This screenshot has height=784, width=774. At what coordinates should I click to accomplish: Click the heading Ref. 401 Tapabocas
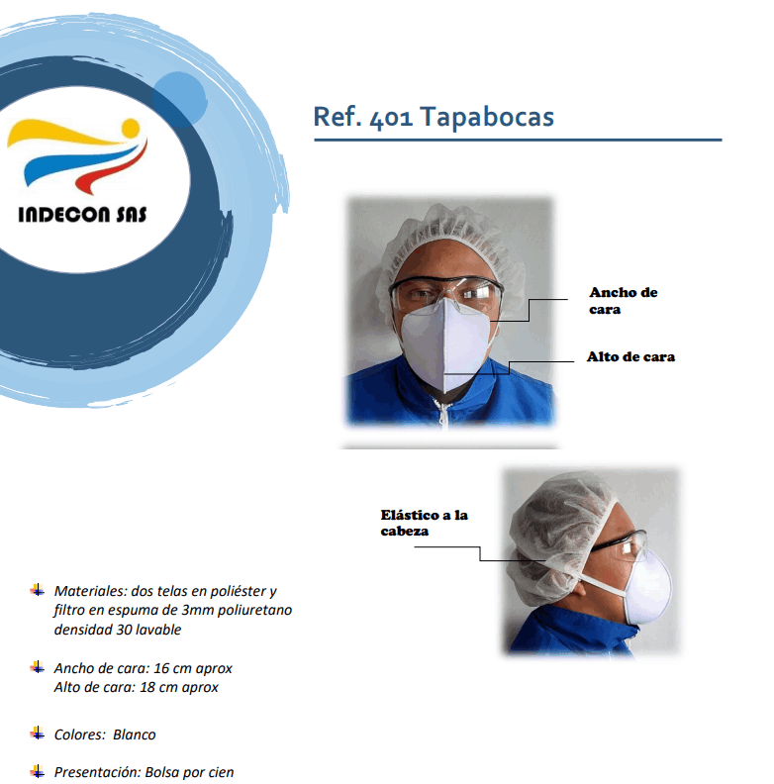point(434,117)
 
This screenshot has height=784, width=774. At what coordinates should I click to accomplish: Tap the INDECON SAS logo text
point(82,215)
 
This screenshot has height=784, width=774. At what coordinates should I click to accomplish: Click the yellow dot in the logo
point(131,128)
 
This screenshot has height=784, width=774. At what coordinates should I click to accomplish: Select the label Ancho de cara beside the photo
point(623,301)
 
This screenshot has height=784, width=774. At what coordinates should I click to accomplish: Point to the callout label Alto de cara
point(630,356)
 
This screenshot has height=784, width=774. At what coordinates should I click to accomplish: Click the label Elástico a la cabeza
point(424,523)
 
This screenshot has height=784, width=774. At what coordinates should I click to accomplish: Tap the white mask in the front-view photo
point(445,345)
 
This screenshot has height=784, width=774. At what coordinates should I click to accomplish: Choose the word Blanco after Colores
point(134,735)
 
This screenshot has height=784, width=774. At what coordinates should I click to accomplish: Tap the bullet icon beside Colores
point(38,733)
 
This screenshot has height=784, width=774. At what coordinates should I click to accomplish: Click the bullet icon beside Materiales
point(38,590)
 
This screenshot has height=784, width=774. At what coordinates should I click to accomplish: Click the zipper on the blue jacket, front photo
point(443,412)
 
